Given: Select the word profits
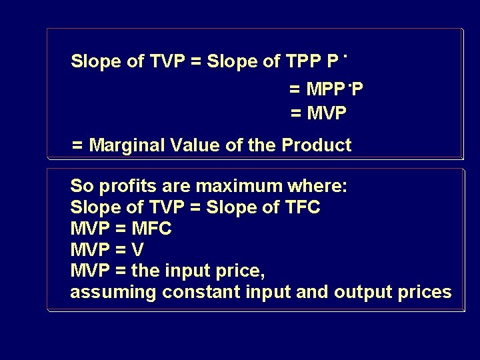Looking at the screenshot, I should click(123, 186).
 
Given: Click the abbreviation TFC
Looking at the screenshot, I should click(301, 207).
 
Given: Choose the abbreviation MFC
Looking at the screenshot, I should click(152, 229).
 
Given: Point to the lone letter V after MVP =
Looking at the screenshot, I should click(138, 250).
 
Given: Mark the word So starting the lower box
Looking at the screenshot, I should click(81, 186).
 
